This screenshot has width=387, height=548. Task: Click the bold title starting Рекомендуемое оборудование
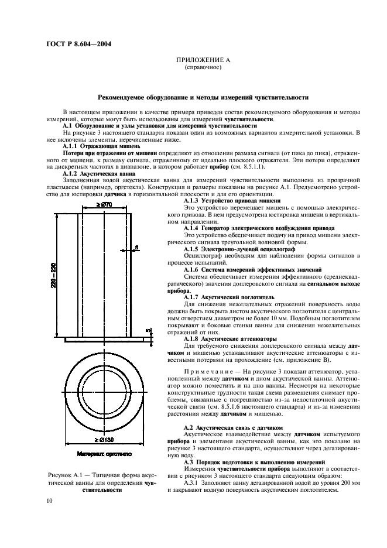[x=203, y=97]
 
